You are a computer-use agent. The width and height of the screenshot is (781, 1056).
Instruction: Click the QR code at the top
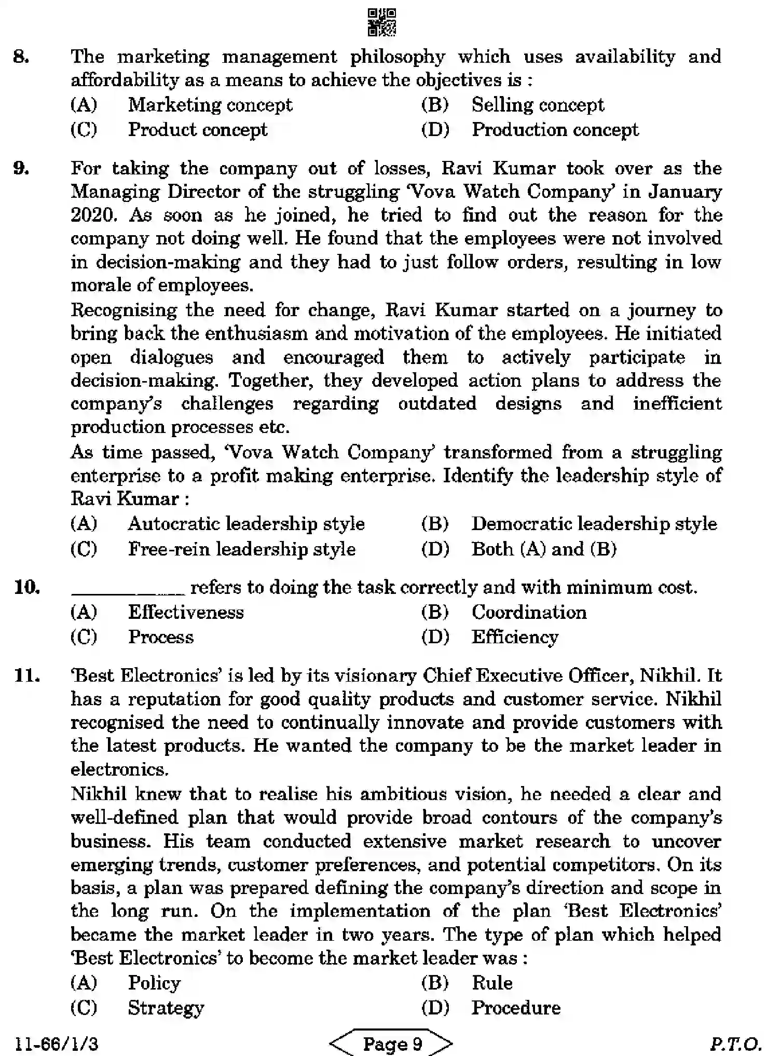381,22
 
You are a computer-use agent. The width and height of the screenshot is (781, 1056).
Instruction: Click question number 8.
21,56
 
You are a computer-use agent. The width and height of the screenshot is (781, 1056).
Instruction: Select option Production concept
555,129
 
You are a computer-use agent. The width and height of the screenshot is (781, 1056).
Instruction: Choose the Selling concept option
538,105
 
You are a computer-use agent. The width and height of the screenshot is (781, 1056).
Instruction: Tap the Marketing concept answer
210,105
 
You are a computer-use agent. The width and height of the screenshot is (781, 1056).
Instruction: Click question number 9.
21,168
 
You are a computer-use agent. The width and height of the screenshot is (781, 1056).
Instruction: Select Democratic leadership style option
594,523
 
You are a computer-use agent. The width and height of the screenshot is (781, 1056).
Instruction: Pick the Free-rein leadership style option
242,549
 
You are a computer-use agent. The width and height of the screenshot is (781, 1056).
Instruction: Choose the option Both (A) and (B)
544,549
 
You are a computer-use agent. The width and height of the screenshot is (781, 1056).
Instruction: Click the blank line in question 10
127,591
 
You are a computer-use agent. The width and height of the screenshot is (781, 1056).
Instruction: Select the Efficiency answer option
515,637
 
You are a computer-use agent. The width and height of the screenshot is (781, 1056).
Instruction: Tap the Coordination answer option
529,612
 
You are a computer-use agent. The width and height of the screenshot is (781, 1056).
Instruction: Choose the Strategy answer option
166,1008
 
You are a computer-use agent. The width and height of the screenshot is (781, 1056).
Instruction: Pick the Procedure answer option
516,1008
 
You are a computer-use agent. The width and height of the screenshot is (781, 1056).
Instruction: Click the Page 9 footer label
392,1043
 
